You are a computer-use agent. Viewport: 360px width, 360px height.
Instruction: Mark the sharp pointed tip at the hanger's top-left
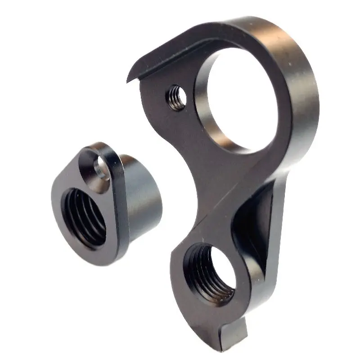[128, 81]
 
